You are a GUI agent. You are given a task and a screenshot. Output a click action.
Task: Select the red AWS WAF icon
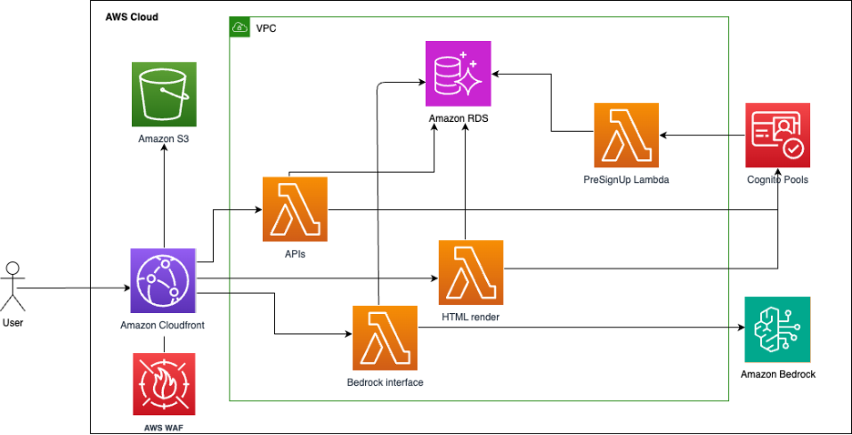tap(164, 385)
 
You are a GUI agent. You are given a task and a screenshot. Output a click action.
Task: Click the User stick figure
tap(12, 287)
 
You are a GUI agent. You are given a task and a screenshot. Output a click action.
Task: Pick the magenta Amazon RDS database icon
tap(459, 74)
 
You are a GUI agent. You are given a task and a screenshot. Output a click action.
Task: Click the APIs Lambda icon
tap(295, 209)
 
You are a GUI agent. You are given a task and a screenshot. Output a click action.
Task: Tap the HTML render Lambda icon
tap(471, 272)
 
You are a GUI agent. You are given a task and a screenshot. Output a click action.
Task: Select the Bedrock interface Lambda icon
tap(385, 338)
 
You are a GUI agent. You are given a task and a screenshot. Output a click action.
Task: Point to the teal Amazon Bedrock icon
tap(776, 329)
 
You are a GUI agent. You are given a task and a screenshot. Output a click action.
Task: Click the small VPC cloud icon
tap(240, 28)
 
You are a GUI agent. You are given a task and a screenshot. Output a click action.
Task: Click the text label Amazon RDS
tap(459, 118)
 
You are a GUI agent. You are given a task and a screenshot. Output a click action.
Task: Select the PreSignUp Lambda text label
tap(626, 180)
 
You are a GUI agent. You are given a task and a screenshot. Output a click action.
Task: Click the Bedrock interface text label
tap(385, 382)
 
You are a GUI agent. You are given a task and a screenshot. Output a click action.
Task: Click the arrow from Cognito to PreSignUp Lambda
tap(702, 136)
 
